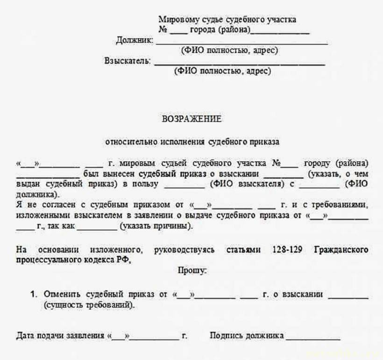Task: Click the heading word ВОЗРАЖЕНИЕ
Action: tap(191, 119)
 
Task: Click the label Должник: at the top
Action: tap(134, 41)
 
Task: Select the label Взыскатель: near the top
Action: tap(128, 61)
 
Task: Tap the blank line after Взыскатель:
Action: tap(239, 63)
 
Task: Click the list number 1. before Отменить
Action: tap(33, 295)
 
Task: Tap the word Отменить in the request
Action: tap(63, 295)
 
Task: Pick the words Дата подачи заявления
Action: tap(60, 336)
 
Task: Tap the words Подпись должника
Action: tap(247, 336)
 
